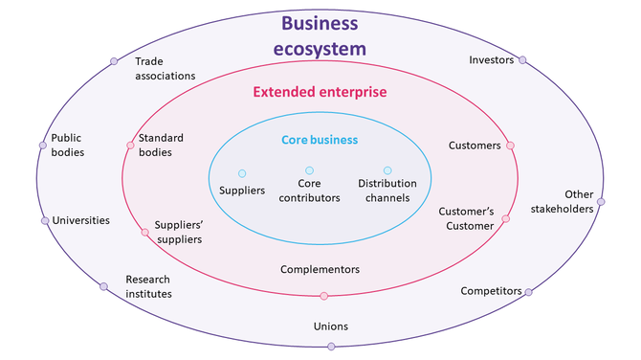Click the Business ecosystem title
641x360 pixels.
(x=320, y=34)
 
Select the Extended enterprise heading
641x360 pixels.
(x=320, y=93)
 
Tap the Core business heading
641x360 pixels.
(x=320, y=140)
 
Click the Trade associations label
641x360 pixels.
(x=165, y=68)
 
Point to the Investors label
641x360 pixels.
(x=491, y=60)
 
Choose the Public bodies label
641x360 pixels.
(x=67, y=145)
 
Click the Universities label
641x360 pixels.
(x=80, y=220)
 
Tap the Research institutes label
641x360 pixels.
(x=148, y=286)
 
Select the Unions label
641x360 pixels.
(x=331, y=326)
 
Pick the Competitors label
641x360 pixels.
(x=491, y=290)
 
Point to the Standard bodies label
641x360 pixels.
(x=161, y=145)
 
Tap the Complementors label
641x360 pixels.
(x=320, y=269)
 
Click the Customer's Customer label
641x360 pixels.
(x=466, y=218)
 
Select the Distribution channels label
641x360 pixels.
(x=384, y=191)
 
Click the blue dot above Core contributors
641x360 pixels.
(x=309, y=170)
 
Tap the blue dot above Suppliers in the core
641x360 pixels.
(x=242, y=173)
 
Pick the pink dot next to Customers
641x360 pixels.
(x=510, y=146)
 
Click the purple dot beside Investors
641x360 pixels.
(x=522, y=60)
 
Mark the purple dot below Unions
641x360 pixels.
(x=331, y=346)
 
